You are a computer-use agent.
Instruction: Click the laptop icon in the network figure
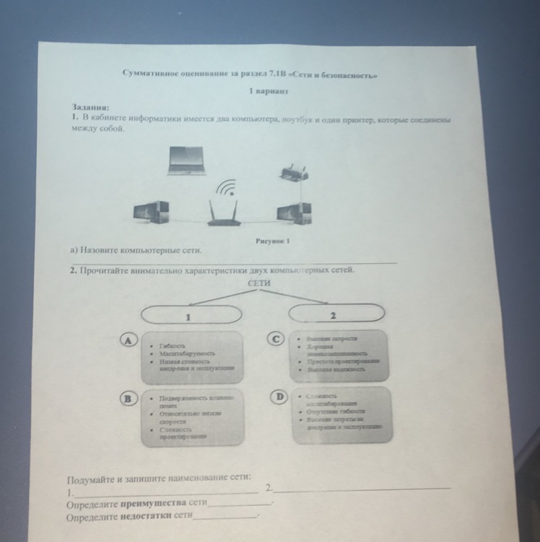(187, 160)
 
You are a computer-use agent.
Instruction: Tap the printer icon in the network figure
(293, 171)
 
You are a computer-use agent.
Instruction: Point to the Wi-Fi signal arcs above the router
(227, 188)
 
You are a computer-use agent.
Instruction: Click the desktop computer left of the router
(151, 213)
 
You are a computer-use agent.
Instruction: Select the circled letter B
(129, 398)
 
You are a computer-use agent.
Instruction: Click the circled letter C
(276, 339)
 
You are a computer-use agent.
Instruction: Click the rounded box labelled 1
(190, 315)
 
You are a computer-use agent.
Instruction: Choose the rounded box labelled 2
(333, 315)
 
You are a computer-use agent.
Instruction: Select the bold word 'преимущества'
(154, 502)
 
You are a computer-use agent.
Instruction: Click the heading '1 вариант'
(268, 93)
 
